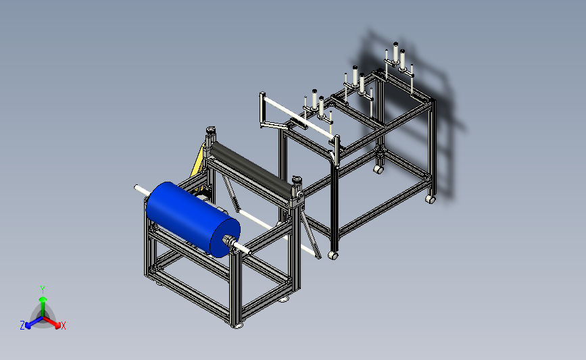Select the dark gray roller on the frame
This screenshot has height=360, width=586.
(x=251, y=167)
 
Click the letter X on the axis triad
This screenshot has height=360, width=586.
(x=63, y=326)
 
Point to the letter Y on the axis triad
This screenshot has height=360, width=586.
(x=42, y=290)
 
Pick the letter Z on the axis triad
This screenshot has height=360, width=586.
(x=22, y=326)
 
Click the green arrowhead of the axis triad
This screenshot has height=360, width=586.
(x=43, y=299)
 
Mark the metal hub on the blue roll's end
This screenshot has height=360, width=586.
(x=228, y=240)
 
